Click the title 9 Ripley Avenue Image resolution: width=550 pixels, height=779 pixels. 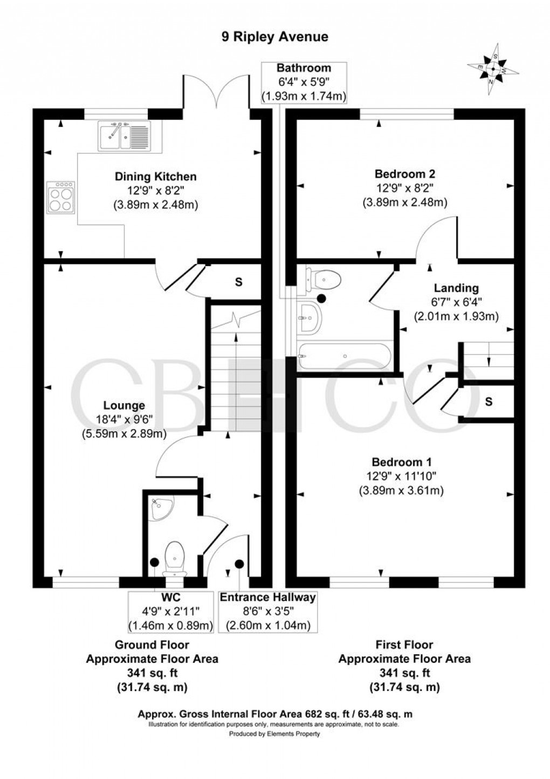pos(275,37)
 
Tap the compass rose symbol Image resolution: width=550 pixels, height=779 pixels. pos(493,69)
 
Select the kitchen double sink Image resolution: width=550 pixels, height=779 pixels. pos(125,136)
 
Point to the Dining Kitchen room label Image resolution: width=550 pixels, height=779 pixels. pos(155,177)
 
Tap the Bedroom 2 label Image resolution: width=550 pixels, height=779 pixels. pos(404,174)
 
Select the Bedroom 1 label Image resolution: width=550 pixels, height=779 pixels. pos(401,462)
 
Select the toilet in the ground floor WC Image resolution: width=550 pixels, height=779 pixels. pos(175,556)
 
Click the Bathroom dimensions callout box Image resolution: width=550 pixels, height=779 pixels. pos(304,83)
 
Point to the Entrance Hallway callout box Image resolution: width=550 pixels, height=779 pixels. pos(267,612)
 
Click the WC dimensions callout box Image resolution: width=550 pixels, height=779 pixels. pos(170,612)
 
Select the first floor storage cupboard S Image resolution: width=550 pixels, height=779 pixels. pos(488,401)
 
